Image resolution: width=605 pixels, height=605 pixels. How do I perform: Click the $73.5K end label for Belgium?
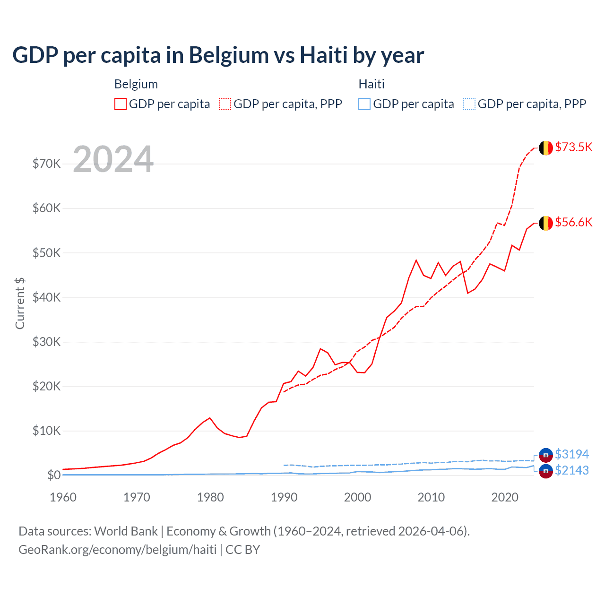pyautogui.click(x=573, y=147)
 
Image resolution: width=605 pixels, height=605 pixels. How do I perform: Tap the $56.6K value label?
pyautogui.click(x=573, y=222)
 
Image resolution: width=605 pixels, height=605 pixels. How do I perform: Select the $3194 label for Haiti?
pyautogui.click(x=572, y=454)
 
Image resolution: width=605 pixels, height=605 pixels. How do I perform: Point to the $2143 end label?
pyautogui.click(x=572, y=470)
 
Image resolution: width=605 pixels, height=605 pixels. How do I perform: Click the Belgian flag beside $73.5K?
pyautogui.click(x=546, y=148)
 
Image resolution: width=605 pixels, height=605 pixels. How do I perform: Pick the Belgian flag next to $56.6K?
pyautogui.click(x=546, y=223)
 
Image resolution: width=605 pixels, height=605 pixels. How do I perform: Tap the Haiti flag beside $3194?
pyautogui.click(x=546, y=455)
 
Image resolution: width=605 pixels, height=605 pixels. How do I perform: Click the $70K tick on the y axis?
pyautogui.click(x=46, y=164)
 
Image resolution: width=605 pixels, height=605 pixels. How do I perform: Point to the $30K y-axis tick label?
pyautogui.click(x=46, y=342)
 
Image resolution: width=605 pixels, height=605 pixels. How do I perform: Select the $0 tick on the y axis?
pyautogui.click(x=54, y=475)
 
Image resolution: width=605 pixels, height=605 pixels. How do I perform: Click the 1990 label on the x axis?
pyautogui.click(x=284, y=497)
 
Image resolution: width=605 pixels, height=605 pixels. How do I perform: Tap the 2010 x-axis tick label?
pyautogui.click(x=431, y=497)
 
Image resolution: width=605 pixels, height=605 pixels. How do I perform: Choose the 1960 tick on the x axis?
pyautogui.click(x=63, y=497)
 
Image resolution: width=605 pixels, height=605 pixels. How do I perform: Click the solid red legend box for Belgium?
pyautogui.click(x=121, y=104)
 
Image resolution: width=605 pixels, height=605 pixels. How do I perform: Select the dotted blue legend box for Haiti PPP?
pyautogui.click(x=469, y=104)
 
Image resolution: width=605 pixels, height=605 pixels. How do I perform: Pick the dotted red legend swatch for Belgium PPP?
pyautogui.click(x=225, y=104)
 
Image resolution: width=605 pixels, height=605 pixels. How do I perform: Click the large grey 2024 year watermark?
pyautogui.click(x=113, y=159)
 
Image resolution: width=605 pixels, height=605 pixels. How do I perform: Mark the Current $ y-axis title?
pyautogui.click(x=20, y=303)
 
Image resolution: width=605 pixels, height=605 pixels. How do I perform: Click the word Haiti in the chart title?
pyautogui.click(x=324, y=55)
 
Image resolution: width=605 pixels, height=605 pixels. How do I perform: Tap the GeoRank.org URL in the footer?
pyautogui.click(x=117, y=550)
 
